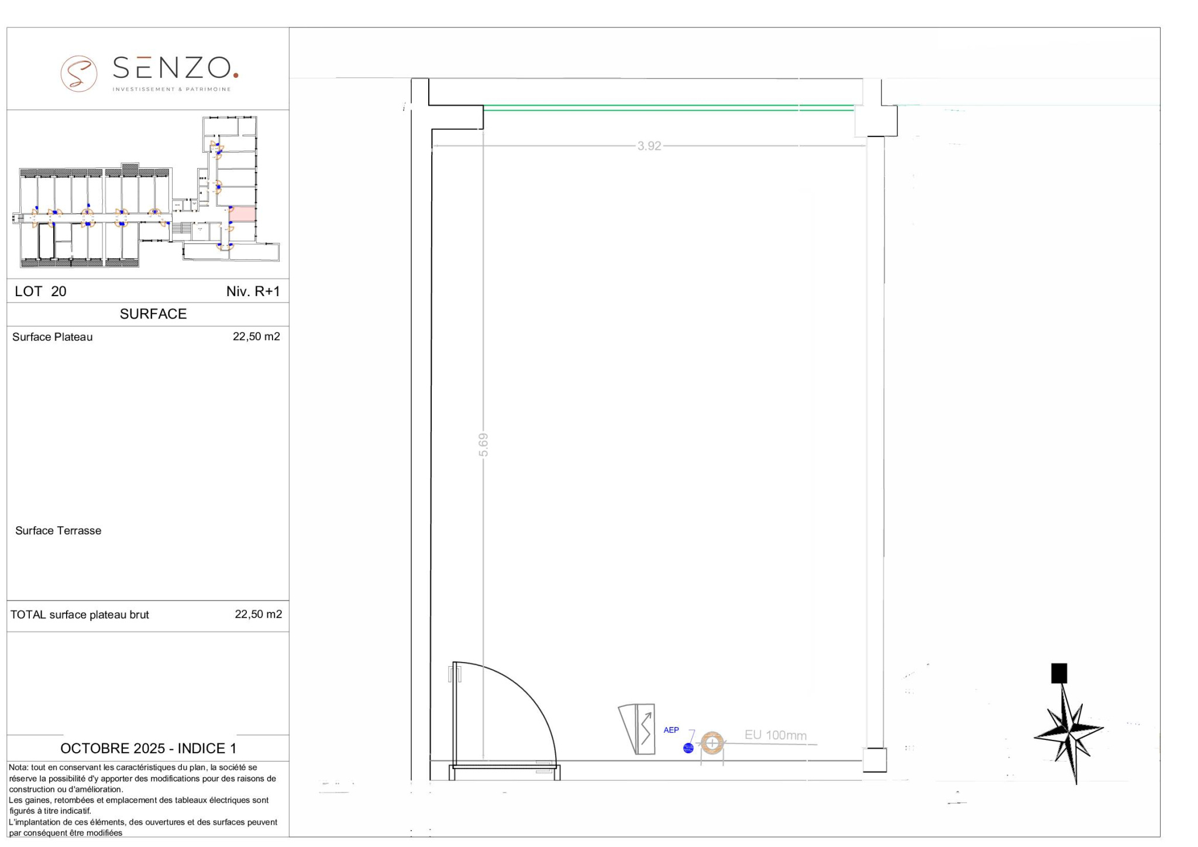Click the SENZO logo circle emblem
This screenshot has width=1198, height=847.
(x=79, y=73)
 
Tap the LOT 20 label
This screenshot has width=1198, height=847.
(x=40, y=292)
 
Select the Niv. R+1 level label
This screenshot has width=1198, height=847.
(x=253, y=292)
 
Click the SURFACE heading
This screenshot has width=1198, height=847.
(x=153, y=314)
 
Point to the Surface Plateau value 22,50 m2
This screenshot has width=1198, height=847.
(x=256, y=337)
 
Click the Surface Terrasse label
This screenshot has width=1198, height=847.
(x=58, y=530)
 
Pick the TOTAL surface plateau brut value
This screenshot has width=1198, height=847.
(x=258, y=614)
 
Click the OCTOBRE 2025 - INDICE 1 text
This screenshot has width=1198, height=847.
(x=149, y=748)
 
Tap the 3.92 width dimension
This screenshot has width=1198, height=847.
(x=649, y=146)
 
